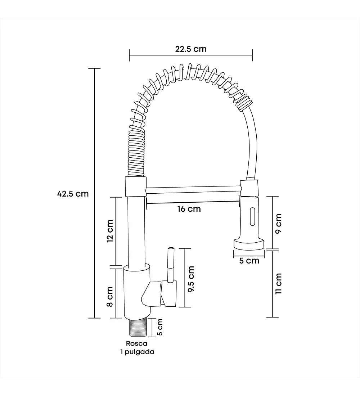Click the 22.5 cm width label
tap(191, 49)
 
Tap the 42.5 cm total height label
tap(73, 194)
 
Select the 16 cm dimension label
tap(189, 209)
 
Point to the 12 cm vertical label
tap(110, 231)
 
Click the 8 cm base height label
tap(110, 297)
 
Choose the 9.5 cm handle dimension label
tap(191, 279)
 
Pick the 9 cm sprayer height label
tap(278, 224)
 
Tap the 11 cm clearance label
tap(278, 284)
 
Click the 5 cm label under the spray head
tap(249, 261)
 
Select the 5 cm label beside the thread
tap(160, 327)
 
